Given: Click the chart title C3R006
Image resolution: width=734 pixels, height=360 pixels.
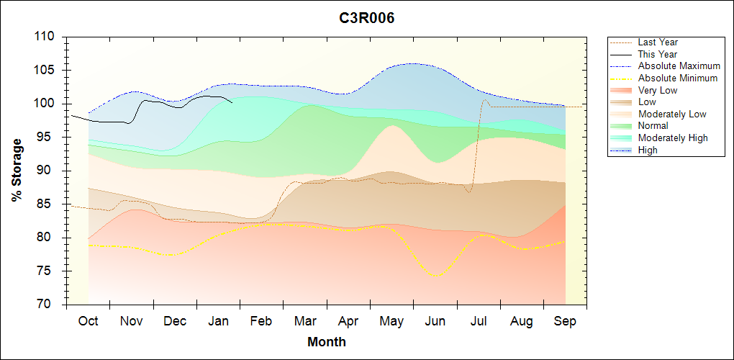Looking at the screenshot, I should click(x=367, y=18).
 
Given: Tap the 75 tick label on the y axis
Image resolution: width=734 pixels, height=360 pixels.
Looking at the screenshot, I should click(x=53, y=271).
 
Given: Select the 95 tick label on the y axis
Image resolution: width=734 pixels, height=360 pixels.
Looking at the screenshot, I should click(x=53, y=137).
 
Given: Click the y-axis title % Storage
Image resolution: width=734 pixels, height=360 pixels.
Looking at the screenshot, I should click(x=17, y=171).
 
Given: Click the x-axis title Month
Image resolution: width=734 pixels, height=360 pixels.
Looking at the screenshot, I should click(x=326, y=341).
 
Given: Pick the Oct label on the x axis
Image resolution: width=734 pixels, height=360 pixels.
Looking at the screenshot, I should click(x=88, y=321).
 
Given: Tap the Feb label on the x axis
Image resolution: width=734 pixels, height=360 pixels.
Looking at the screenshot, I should click(x=261, y=321).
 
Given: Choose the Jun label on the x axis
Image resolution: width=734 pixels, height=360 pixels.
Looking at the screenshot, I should click(x=435, y=321).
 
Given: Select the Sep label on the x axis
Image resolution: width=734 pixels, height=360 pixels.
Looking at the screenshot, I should click(x=565, y=321).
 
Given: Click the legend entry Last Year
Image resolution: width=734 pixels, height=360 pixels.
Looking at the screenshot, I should click(x=658, y=42).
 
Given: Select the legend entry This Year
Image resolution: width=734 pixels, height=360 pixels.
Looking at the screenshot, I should click(x=658, y=54).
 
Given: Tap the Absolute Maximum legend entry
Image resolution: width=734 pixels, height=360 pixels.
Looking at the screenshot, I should click(x=679, y=66).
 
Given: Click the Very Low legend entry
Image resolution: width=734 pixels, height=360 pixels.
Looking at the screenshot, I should click(x=658, y=90).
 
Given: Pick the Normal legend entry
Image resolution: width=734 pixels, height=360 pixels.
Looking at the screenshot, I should click(x=653, y=126).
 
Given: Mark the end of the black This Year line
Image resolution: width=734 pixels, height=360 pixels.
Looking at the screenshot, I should click(x=232, y=102).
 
